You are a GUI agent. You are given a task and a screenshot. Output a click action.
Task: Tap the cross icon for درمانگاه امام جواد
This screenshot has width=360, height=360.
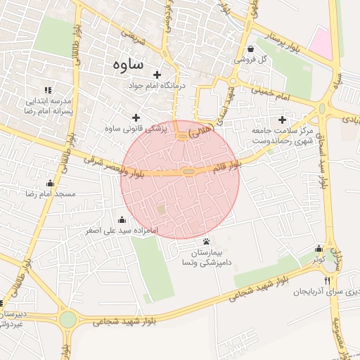point(156,75)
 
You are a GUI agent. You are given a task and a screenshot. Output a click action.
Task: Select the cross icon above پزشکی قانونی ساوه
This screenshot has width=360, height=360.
point(136,117)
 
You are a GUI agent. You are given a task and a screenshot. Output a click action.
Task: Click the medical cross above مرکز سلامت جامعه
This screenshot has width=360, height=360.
point(283,120)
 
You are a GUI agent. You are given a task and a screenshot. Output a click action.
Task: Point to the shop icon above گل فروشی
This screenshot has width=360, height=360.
point(252,49)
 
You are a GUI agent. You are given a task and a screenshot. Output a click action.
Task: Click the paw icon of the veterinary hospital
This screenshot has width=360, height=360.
point(205,241)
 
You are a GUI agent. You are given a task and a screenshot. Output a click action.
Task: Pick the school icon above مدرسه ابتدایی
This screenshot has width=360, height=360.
point(48,90)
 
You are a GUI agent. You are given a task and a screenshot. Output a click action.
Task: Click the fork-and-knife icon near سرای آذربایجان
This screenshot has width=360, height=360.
point(326,281)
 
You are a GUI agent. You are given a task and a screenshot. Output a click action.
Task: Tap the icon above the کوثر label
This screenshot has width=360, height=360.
point(319,248)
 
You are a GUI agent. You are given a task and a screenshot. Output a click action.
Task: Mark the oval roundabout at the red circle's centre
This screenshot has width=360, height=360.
point(188,172)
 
